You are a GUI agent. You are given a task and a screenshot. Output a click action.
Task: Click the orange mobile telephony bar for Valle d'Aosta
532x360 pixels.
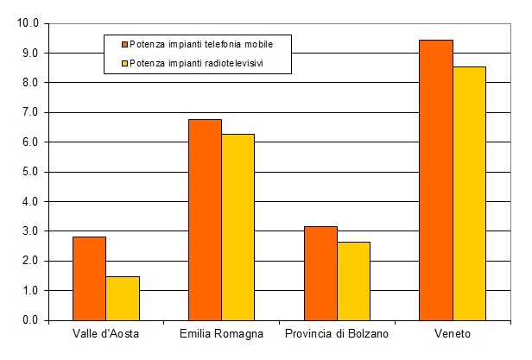[x=89, y=278]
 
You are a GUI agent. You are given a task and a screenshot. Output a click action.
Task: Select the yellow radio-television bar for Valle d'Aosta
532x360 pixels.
[x=123, y=298]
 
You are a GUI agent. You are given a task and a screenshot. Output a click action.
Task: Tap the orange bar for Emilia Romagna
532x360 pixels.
[x=205, y=219]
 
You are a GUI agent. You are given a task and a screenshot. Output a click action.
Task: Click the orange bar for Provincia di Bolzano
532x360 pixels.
[x=320, y=273]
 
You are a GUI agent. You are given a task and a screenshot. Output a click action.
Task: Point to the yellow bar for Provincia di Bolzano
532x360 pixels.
[x=353, y=281]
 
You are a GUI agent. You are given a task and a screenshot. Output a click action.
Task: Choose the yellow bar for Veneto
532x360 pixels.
[x=469, y=193]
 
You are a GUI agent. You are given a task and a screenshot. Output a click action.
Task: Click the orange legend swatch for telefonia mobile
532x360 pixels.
[x=124, y=43]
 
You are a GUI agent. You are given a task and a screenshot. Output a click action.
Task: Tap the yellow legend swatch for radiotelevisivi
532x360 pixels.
[x=124, y=63]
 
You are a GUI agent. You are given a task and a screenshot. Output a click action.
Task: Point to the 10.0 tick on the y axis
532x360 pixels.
[x=28, y=23]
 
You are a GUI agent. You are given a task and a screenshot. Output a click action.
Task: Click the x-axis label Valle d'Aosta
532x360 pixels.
[x=106, y=334]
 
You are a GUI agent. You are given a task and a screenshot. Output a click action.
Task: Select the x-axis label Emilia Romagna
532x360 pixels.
[x=221, y=334]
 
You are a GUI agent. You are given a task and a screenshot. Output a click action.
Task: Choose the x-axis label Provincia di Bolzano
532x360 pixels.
[x=337, y=334]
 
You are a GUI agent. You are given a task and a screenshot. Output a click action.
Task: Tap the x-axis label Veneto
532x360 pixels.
[x=453, y=334]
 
